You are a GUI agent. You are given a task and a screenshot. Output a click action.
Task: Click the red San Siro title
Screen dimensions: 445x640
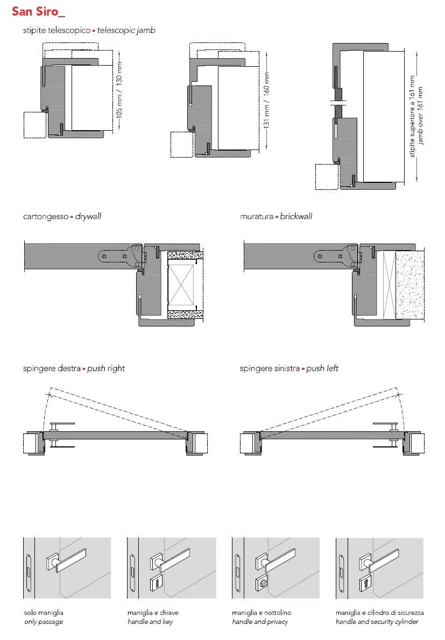pos(38,11)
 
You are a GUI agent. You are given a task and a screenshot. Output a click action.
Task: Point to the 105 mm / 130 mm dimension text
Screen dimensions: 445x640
pos(119,90)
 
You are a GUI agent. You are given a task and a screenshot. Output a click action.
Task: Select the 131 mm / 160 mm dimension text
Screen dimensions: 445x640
pos(266,100)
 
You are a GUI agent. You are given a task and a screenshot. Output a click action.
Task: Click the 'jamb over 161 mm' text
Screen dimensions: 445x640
pos(420,116)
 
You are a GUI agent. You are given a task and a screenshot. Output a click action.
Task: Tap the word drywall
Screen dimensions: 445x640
pos(88,216)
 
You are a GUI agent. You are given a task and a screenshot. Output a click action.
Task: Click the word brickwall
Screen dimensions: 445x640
pos(296,216)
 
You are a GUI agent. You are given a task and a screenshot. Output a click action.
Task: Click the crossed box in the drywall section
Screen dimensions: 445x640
pos(181,285)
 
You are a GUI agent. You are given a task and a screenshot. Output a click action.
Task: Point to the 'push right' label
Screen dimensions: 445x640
pos(106,368)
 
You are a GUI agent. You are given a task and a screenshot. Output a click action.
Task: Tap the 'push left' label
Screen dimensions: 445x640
pos(322,368)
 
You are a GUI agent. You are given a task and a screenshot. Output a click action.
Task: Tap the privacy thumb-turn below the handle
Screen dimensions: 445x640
pos(262,582)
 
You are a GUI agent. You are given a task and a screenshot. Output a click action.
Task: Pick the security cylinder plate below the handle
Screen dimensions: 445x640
pos(366,584)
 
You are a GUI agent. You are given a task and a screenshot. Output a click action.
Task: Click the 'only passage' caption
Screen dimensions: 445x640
pos(44,622)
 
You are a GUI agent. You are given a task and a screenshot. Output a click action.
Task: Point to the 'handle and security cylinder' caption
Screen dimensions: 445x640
pos(377,622)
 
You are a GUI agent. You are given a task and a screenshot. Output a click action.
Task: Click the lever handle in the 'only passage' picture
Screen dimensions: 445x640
pos(66,560)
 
